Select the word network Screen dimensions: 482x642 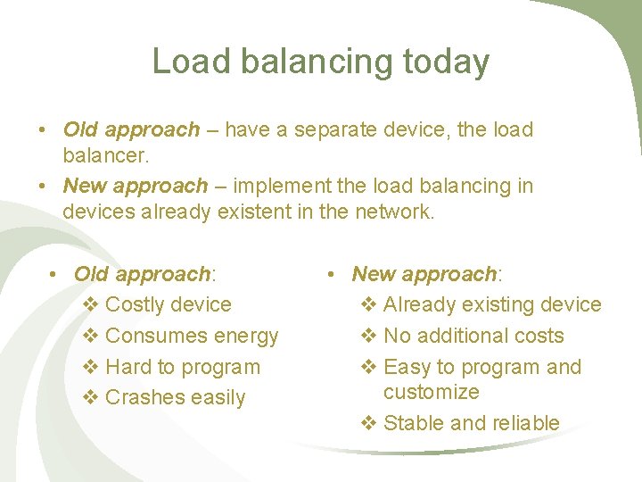click(396, 212)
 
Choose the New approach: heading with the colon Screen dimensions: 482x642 click(427, 273)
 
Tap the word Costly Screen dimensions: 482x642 click(132, 304)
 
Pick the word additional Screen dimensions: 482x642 click(459, 336)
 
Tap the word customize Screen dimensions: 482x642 click(431, 392)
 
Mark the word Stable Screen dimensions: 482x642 click(414, 423)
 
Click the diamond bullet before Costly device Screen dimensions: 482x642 click(90, 305)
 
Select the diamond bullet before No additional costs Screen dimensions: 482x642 click(368, 337)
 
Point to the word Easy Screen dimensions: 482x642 click(407, 367)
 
